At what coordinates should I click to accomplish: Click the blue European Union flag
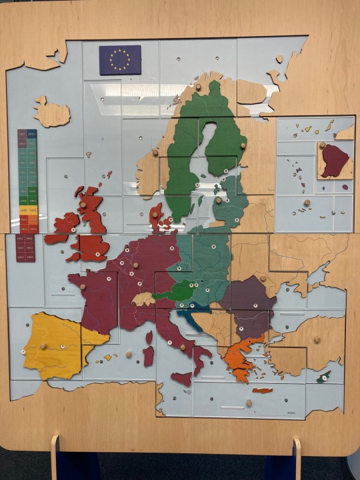[120, 59]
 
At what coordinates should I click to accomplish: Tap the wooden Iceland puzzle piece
[52, 113]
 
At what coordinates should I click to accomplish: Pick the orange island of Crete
[262, 391]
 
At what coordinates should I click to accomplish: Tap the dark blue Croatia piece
[193, 314]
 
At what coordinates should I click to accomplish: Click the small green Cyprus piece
[323, 377]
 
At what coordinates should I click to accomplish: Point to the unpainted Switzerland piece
[143, 298]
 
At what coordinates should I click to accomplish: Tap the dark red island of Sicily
[181, 379]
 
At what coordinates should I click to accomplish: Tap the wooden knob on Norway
[155, 153]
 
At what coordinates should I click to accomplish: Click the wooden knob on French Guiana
[322, 145]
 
